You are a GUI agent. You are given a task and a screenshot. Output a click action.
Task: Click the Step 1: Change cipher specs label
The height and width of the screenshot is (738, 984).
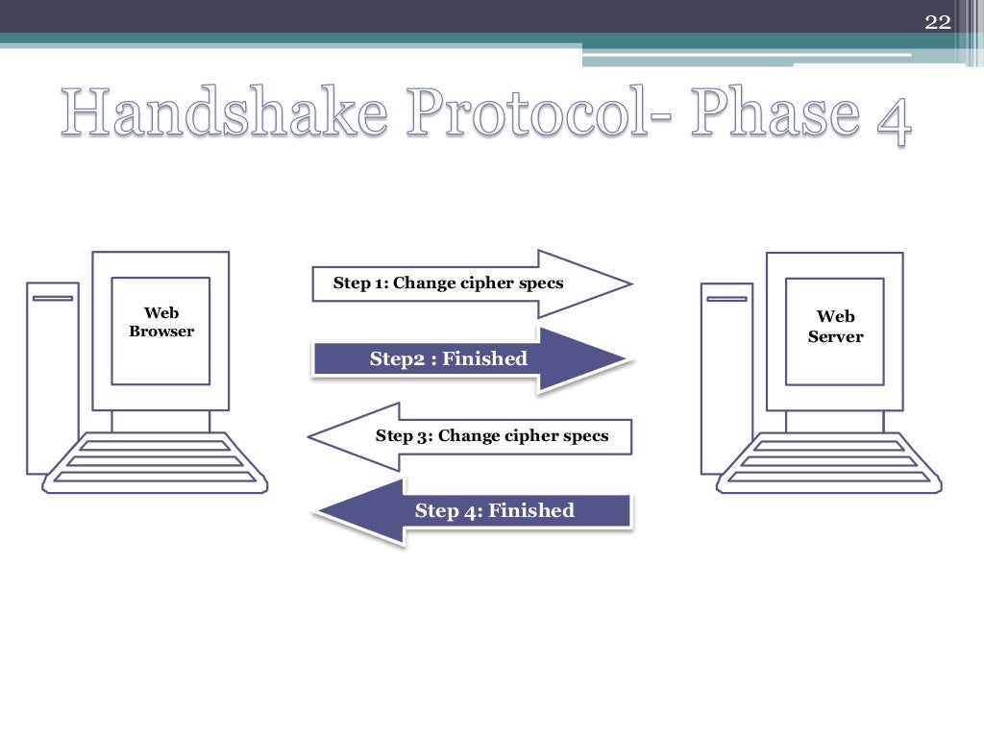coord(448,283)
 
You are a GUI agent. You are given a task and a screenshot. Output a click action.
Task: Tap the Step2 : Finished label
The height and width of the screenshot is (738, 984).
coord(448,359)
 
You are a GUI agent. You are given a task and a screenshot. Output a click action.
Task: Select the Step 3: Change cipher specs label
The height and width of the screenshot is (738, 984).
coord(491,436)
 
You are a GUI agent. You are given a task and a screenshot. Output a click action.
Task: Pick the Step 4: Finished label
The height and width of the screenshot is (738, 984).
coord(494,511)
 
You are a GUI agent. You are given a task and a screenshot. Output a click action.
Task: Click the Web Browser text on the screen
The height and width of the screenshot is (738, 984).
coord(161,322)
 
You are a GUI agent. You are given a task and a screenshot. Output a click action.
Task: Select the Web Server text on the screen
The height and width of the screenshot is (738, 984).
coord(835,327)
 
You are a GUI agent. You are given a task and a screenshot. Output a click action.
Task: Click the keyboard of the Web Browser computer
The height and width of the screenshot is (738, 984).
coord(157,464)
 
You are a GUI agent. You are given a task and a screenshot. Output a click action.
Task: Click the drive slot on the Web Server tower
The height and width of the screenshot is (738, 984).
coord(726,299)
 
